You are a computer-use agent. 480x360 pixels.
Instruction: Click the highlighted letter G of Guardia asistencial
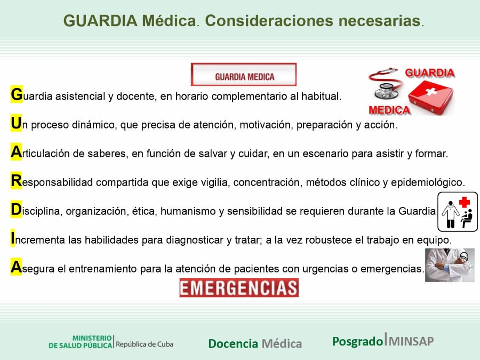click(16, 95)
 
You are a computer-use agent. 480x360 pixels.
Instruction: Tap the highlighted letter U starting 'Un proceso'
click(16, 124)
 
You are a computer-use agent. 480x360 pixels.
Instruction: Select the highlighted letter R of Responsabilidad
click(16, 181)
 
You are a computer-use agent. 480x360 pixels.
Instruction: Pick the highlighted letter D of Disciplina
click(16, 210)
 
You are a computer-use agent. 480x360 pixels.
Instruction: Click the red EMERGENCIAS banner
click(239, 288)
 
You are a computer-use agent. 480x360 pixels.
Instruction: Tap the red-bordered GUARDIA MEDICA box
click(244, 75)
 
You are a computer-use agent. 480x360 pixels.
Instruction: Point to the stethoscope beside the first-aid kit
click(384, 84)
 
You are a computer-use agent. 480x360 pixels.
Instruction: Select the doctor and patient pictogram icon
click(457, 212)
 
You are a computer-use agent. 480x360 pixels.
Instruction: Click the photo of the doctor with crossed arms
click(449, 265)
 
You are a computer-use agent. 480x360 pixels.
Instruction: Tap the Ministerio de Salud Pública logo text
click(80, 342)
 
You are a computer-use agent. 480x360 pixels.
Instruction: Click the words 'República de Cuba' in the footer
click(144, 344)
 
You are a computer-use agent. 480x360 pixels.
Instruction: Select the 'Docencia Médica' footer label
click(255, 344)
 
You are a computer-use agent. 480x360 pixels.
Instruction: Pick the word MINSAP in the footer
click(412, 341)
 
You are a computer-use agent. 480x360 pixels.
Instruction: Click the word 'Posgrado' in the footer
click(357, 341)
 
